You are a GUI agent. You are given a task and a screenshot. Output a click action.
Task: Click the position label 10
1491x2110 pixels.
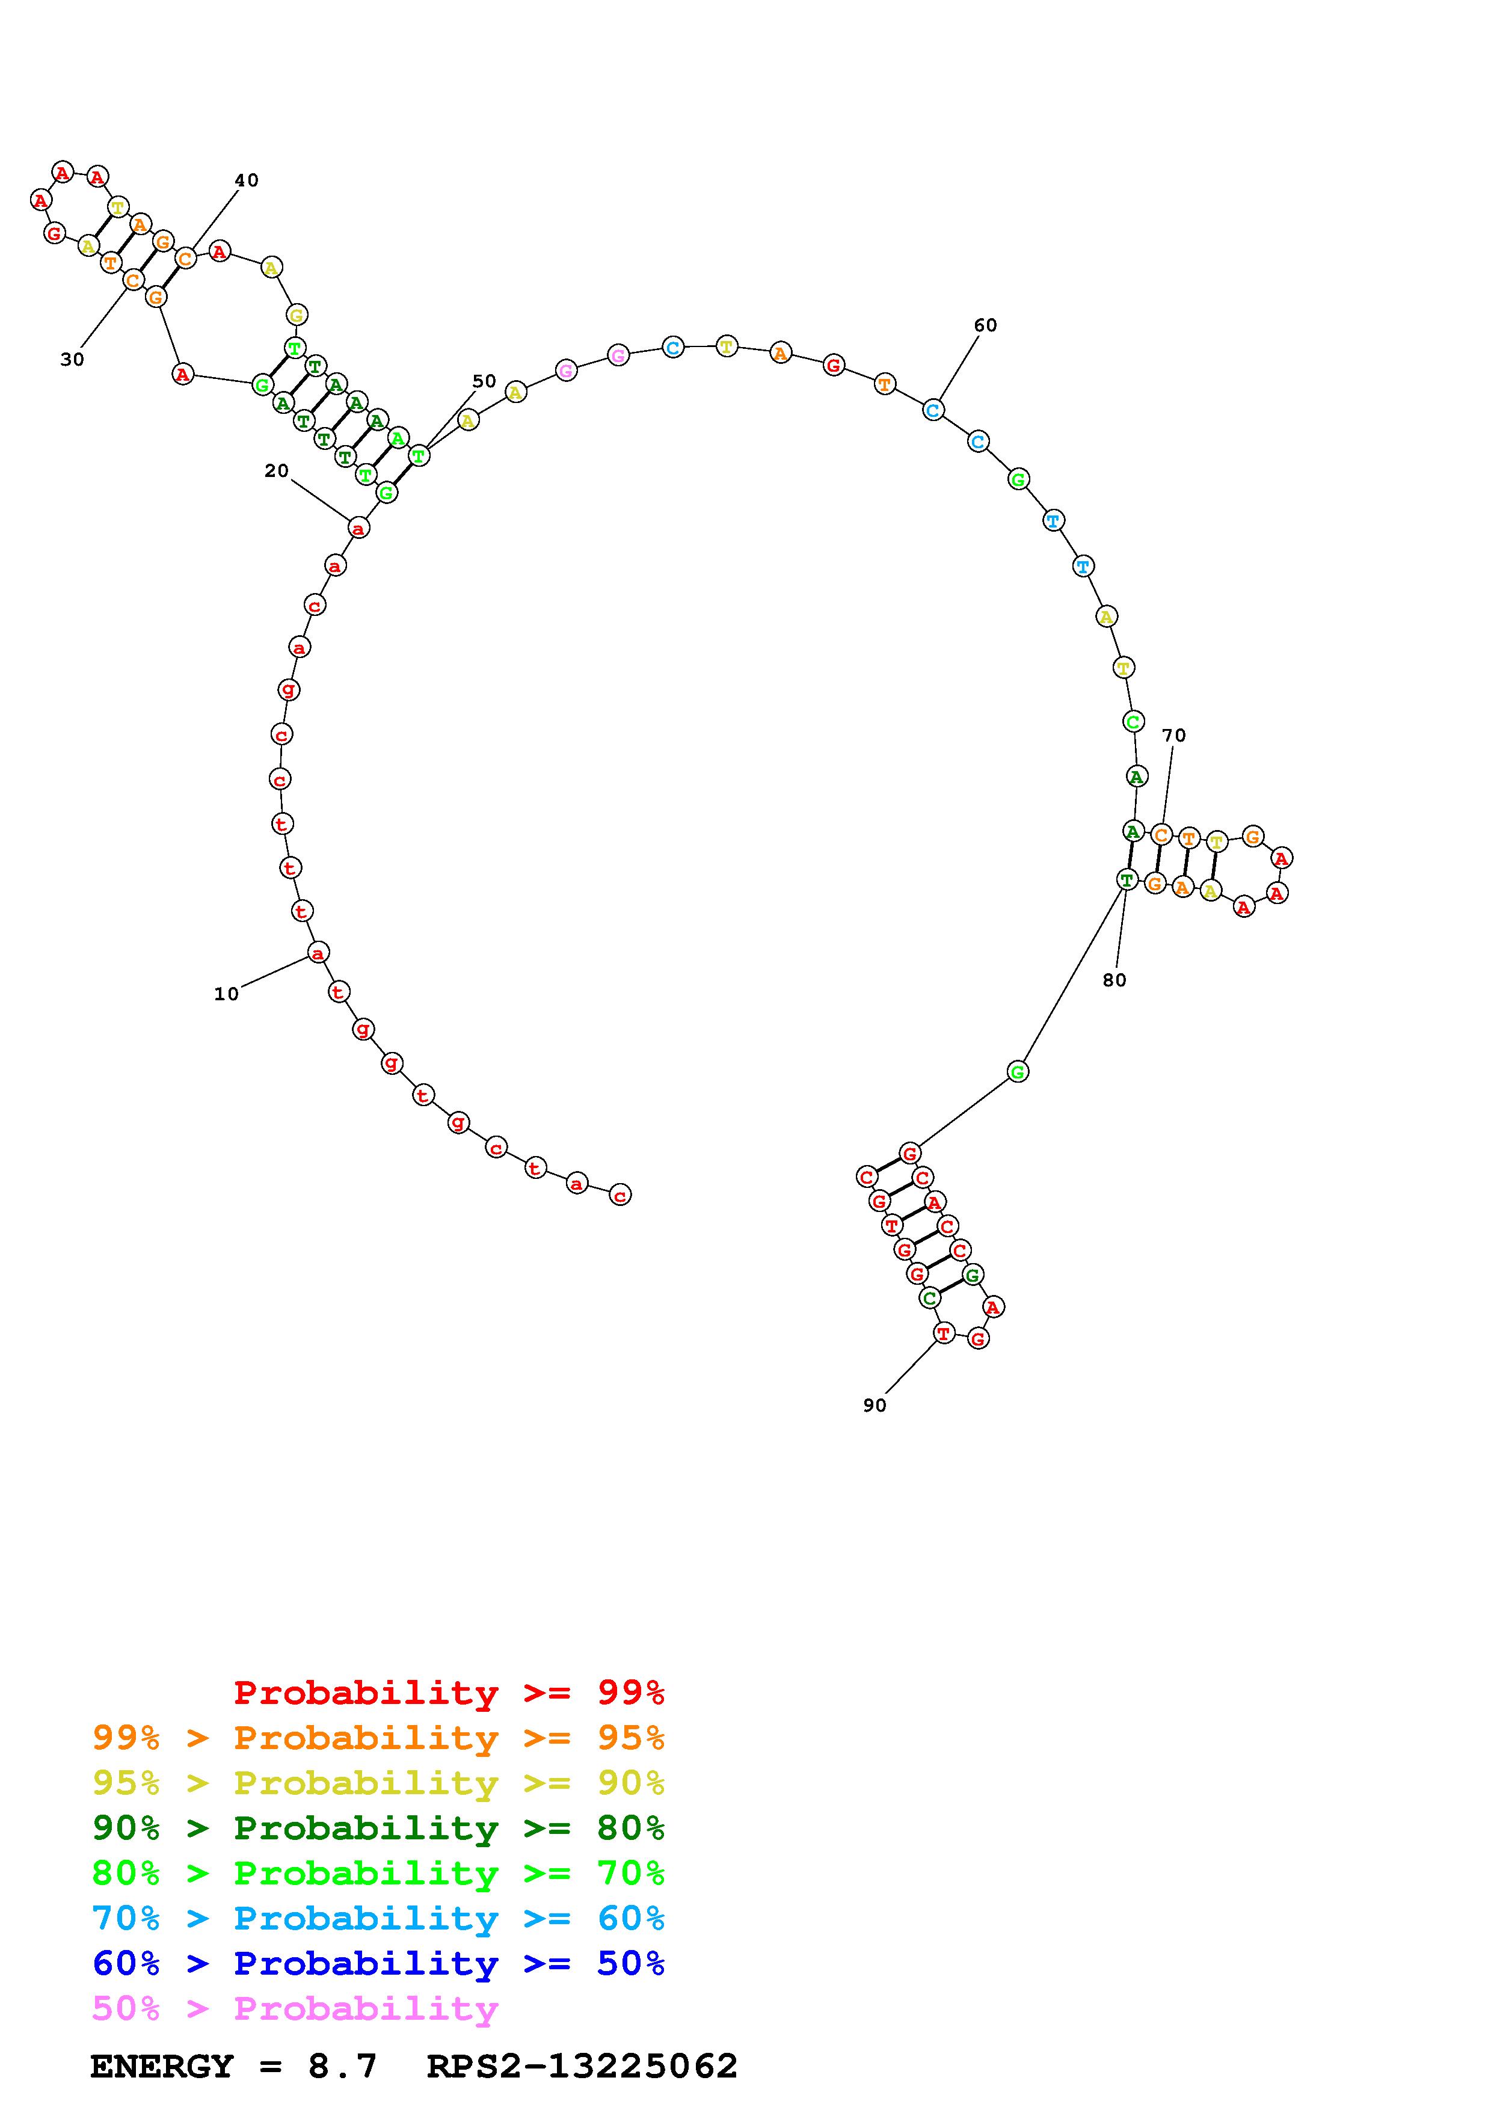(226, 994)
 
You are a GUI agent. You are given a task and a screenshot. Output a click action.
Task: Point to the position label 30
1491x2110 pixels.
(72, 359)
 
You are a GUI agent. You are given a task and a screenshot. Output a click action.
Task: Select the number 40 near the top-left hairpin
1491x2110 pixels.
(246, 180)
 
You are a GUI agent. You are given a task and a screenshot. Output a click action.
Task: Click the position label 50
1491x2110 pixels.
(484, 381)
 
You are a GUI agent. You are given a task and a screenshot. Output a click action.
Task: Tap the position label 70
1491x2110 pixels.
(1174, 735)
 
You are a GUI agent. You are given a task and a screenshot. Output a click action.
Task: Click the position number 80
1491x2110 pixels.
(1114, 980)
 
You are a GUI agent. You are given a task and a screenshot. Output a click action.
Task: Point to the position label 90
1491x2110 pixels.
(875, 1405)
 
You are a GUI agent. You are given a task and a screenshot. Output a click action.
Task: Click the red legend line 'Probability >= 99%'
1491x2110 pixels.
(449, 1692)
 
